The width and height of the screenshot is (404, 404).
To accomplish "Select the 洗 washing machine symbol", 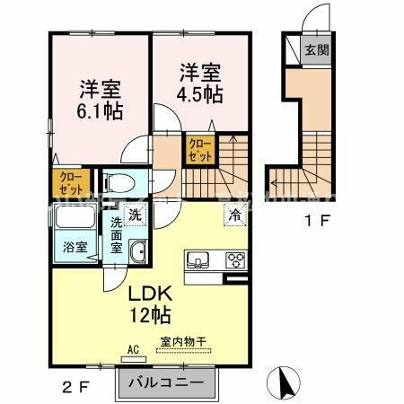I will tap(134, 215).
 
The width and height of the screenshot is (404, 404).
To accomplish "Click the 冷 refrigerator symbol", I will tap(233, 215).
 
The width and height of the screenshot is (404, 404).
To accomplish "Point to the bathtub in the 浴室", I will tap(74, 219).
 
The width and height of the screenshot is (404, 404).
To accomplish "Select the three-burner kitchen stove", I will tap(235, 260).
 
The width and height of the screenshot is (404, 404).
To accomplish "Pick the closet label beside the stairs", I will tap(199, 148).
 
